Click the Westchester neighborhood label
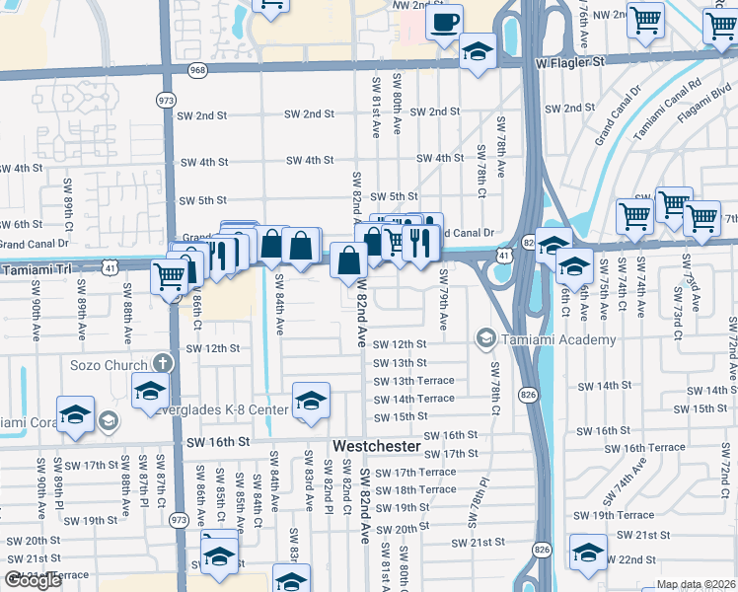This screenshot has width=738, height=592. pyautogui.click(x=377, y=447)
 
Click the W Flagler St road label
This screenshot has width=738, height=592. pyautogui.click(x=570, y=61)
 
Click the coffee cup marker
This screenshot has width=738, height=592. pyautogui.click(x=444, y=20)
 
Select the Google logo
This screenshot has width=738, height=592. pyautogui.click(x=33, y=580)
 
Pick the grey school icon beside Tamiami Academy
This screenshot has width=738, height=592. pyautogui.click(x=485, y=339)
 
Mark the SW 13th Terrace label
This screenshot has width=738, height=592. pyautogui.click(x=414, y=381)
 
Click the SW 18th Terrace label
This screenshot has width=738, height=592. pyautogui.click(x=415, y=489)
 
